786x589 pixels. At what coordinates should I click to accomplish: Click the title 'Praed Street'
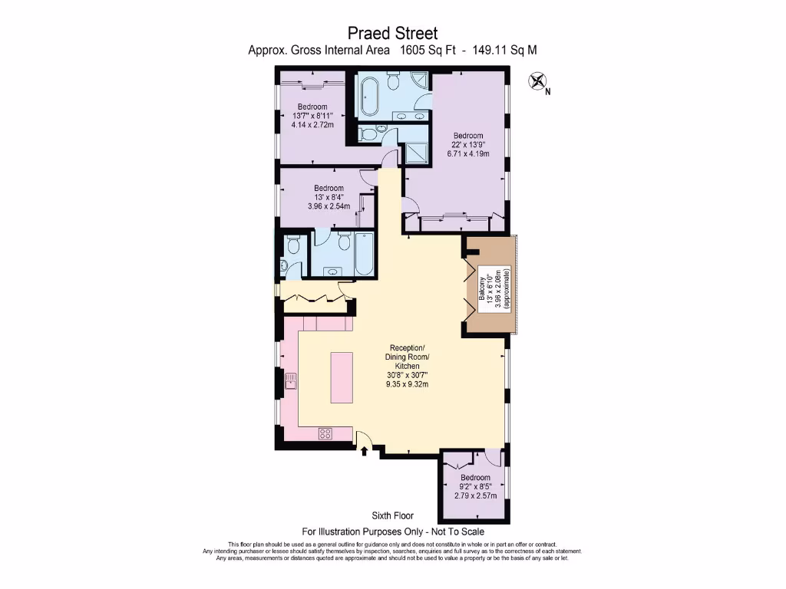(392, 33)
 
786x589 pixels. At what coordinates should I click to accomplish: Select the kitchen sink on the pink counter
(291, 380)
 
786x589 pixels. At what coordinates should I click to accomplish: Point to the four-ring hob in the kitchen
(325, 433)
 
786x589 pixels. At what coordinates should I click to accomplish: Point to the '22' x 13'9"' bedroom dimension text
(468, 144)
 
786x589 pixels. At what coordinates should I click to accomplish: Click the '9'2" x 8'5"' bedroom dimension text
(476, 485)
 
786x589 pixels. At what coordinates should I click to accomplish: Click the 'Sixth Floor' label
(392, 516)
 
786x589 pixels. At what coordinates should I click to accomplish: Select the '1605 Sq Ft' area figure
(432, 51)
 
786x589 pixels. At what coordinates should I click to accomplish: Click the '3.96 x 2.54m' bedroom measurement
(328, 206)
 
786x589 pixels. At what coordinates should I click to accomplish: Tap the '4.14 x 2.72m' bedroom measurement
(312, 124)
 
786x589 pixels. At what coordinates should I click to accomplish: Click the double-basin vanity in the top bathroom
(410, 116)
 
